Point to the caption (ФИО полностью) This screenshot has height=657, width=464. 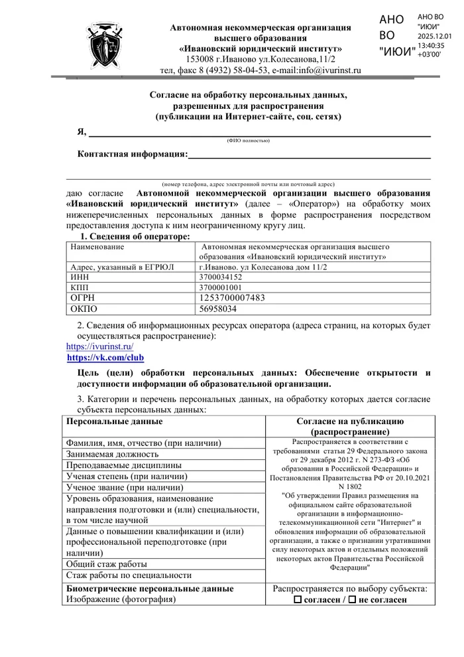click(x=248, y=140)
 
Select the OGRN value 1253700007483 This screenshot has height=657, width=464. click(x=232, y=298)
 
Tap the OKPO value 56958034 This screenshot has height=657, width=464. click(x=218, y=309)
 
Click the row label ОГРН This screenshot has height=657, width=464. click(x=83, y=298)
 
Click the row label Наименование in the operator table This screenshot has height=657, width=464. click(x=97, y=247)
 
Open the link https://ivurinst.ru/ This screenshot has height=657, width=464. click(x=100, y=346)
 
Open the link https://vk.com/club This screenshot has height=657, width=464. click(x=105, y=358)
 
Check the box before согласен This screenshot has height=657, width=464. click(x=298, y=600)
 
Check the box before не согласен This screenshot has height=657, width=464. click(x=353, y=600)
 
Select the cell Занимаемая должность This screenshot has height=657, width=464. click(x=112, y=454)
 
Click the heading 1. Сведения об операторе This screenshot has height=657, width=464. click(x=135, y=236)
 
